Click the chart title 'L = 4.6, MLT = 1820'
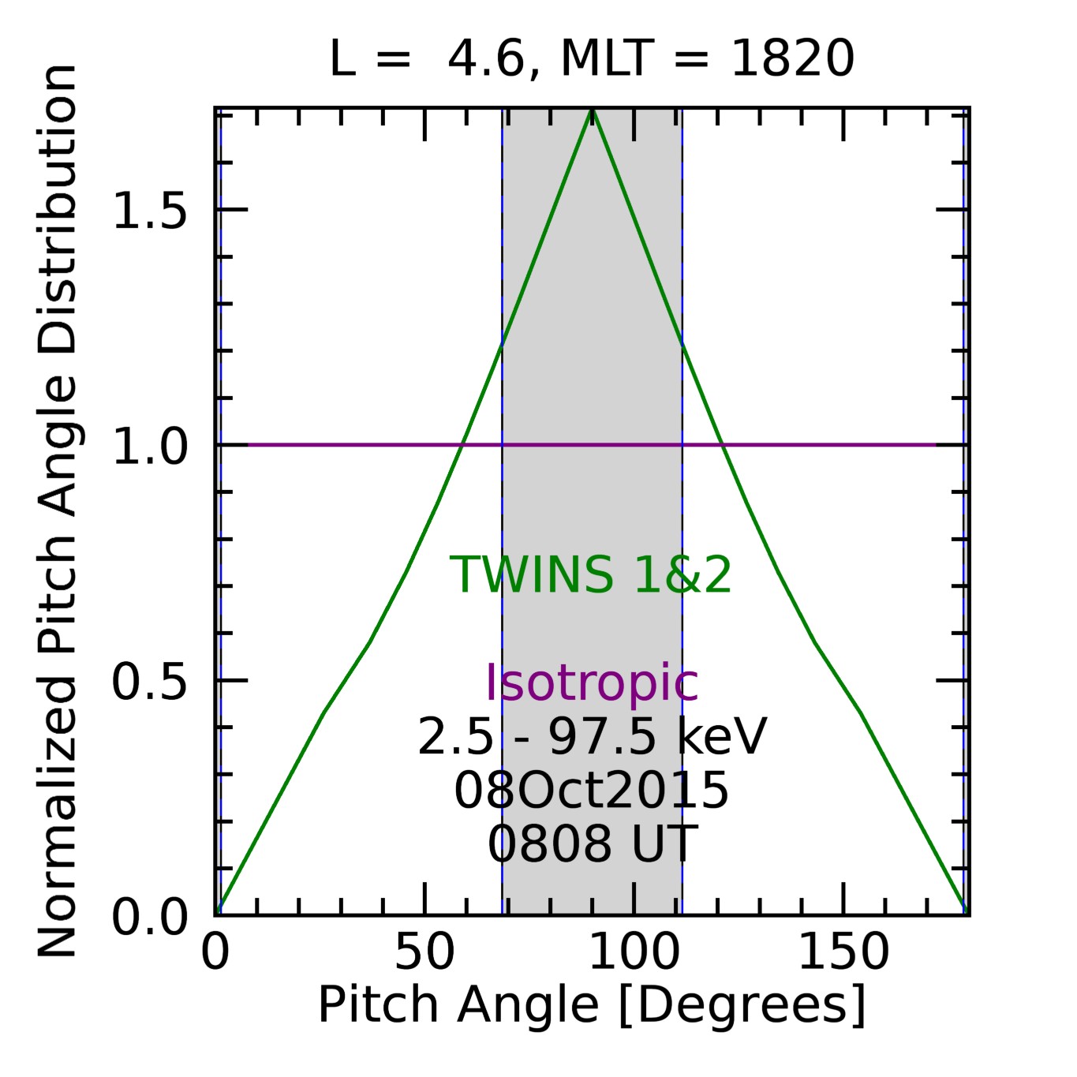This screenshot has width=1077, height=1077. click(592, 58)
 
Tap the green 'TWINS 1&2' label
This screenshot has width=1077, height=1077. click(591, 574)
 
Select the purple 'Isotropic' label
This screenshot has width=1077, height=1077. click(592, 682)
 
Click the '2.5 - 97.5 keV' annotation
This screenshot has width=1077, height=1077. click(592, 737)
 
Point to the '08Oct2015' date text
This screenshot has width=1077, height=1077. click(592, 791)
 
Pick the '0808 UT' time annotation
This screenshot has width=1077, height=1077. click(592, 843)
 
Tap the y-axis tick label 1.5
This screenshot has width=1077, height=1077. click(150, 211)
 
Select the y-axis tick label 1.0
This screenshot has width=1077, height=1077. click(150, 447)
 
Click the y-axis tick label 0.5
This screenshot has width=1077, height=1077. click(150, 682)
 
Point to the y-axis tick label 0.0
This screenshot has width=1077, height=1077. click(150, 918)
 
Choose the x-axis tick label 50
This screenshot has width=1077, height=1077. click(424, 952)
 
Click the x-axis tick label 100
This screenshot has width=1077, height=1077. click(634, 952)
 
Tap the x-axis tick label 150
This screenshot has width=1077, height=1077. click(843, 952)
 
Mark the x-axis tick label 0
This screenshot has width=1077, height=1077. click(215, 952)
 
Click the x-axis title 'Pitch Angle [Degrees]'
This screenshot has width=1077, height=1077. click(592, 1005)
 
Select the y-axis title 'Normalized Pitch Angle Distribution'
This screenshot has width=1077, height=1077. click(57, 511)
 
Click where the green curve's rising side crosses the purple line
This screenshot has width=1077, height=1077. click(461, 445)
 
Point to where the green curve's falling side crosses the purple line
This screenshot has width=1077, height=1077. click(724, 445)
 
